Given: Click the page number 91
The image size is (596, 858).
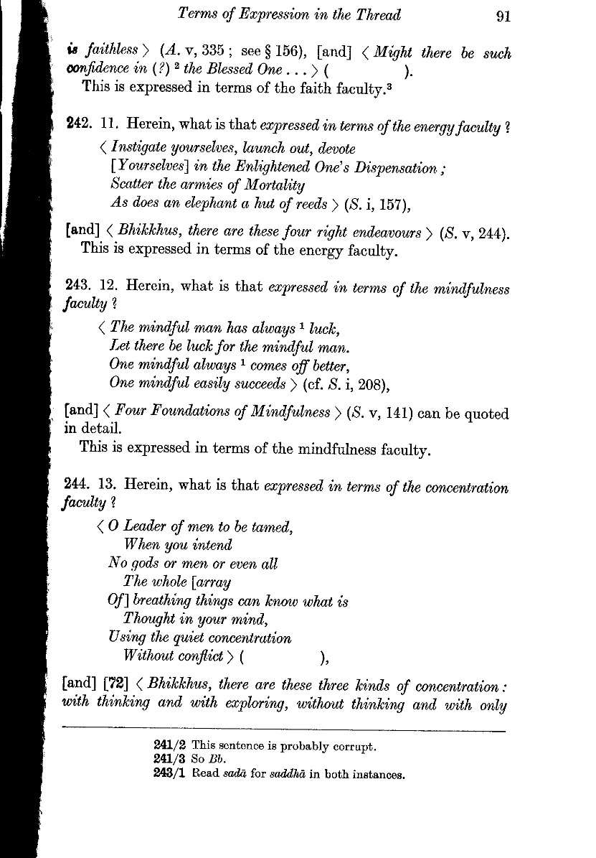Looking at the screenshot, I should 503,15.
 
